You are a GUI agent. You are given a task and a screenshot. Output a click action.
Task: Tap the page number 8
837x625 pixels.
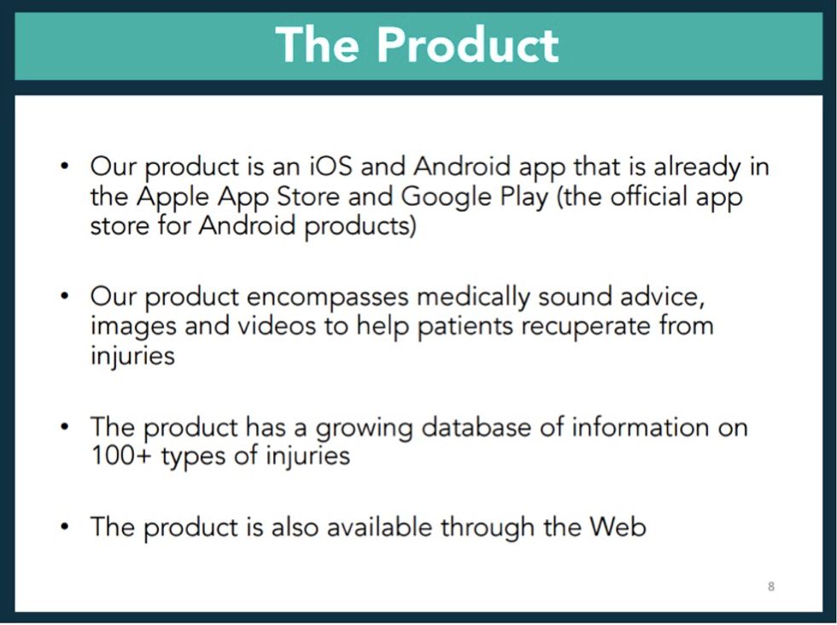click(771, 587)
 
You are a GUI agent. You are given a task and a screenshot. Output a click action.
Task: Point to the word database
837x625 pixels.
click(459, 426)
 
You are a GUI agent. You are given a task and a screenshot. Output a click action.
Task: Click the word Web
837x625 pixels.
click(618, 526)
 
